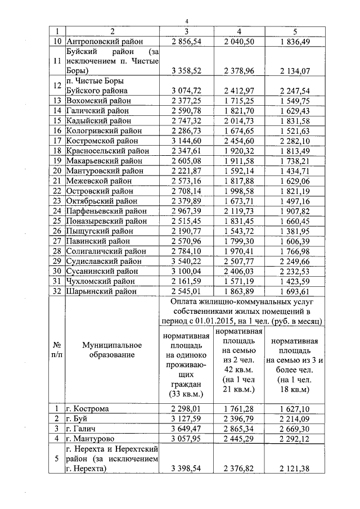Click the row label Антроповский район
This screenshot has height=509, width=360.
coord(105,41)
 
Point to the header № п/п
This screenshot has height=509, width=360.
coord(57,349)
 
